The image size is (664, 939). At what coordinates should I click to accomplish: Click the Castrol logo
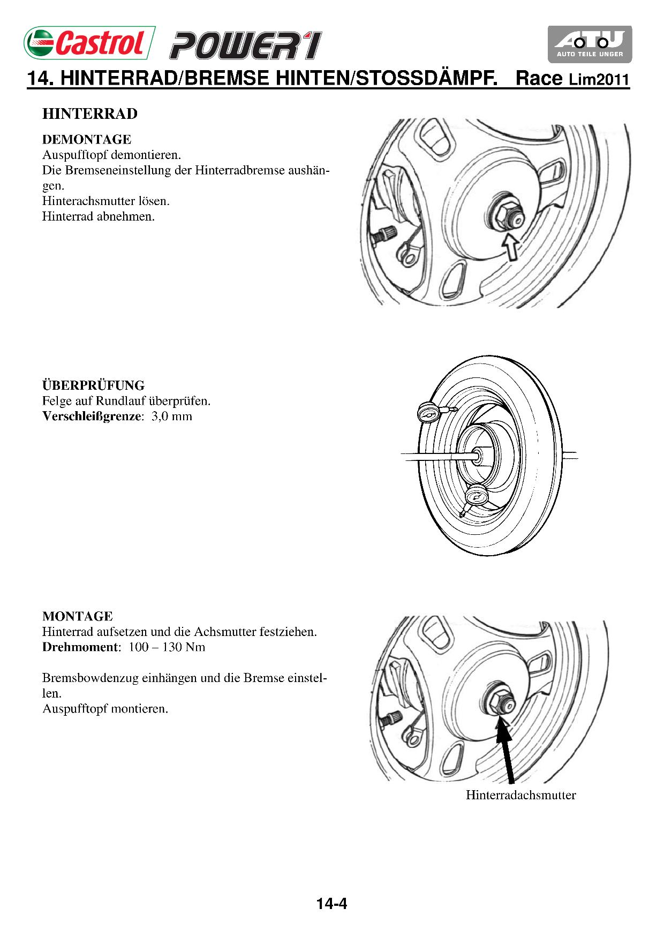point(89,43)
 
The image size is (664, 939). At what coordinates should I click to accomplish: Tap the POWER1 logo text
point(246,46)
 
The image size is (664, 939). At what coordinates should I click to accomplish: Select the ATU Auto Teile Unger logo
point(590,44)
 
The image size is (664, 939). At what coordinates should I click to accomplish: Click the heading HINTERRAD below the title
point(90,114)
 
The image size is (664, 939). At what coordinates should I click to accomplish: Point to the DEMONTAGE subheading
point(87,140)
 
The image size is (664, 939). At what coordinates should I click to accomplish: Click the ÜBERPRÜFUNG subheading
point(93,385)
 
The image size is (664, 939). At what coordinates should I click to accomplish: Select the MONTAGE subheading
point(78,616)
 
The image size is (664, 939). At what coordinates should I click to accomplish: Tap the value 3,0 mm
point(171,417)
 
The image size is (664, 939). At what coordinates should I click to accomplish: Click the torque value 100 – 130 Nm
point(167,647)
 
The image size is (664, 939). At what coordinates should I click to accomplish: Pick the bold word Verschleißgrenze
point(92,417)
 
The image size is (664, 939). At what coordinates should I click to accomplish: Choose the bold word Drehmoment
point(81,647)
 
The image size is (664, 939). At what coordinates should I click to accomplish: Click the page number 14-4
point(331,904)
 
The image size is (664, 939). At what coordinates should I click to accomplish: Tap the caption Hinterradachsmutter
point(520,795)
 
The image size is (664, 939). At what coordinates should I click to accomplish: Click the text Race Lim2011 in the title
point(572,79)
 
